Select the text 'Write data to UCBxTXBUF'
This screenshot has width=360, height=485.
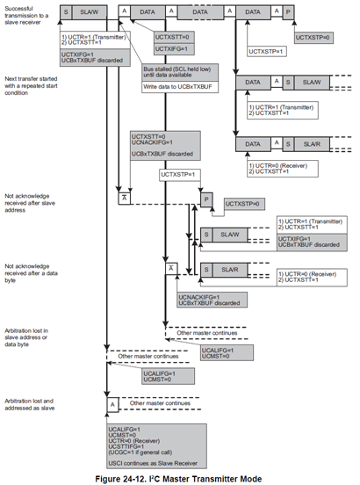pos(174,86)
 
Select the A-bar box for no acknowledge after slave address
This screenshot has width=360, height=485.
pos(124,199)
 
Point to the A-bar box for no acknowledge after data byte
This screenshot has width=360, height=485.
pos(172,267)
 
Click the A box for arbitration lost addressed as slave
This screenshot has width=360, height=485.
pos(112,403)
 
